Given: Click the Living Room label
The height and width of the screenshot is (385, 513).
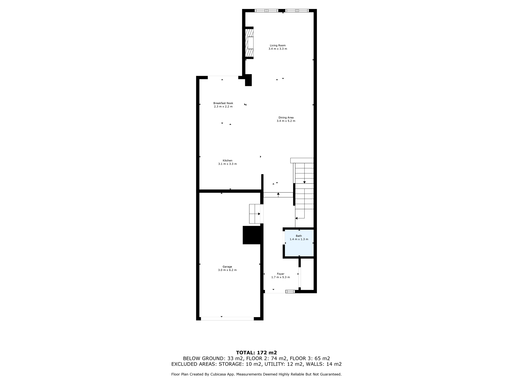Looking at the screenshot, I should pos(278,46).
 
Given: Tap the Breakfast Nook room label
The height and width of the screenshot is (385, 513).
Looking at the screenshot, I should pos(223,103).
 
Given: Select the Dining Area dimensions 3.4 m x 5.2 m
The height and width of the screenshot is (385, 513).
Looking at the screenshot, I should pos(286,121).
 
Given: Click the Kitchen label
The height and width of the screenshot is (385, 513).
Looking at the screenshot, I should pos(227,161).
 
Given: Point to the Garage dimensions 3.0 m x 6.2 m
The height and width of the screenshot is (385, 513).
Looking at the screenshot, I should pos(227,270).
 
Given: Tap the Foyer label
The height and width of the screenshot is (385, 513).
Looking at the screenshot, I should pos(281,274).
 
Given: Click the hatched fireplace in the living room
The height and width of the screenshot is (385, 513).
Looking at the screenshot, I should pos(249,43).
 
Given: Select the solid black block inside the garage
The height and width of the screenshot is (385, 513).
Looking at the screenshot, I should pos(252,235).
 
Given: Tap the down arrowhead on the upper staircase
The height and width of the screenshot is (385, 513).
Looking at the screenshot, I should pos(304,182).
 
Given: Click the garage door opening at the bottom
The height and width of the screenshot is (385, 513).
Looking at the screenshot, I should pos(227,319).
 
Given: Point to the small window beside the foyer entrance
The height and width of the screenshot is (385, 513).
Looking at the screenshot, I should pos(290,292).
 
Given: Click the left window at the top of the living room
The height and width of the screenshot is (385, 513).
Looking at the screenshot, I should pos(267,11).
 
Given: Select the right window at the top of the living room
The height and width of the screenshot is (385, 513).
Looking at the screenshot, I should pos(297,11).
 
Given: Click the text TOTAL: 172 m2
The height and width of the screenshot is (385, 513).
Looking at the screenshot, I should pos(256,353).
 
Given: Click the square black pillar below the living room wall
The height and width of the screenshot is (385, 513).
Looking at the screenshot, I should pos(248,80).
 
